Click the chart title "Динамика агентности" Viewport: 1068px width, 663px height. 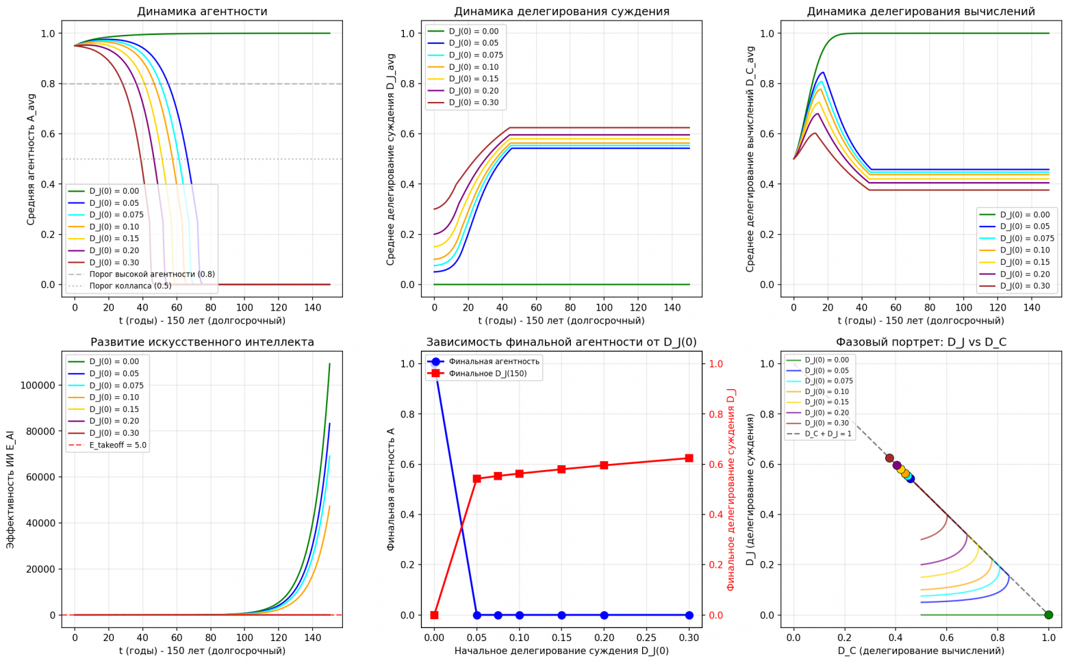(x=202, y=12)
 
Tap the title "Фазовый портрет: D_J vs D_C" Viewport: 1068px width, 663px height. (x=921, y=342)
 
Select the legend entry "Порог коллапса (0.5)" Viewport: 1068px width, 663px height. (x=130, y=286)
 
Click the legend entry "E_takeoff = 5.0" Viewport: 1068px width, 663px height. (x=118, y=445)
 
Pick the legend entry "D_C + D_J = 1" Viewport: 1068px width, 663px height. (x=829, y=434)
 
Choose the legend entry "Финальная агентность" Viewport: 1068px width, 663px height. (x=494, y=361)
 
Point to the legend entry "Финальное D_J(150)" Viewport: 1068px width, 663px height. (x=487, y=374)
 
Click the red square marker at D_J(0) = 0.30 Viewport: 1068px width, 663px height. (x=689, y=458)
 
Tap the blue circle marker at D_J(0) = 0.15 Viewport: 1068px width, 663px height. (x=561, y=615)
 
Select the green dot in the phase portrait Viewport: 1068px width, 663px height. (x=1048, y=615)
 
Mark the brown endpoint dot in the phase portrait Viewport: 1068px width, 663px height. (x=889, y=458)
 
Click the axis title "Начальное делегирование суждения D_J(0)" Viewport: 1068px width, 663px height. (x=561, y=651)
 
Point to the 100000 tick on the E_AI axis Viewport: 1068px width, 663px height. (x=38, y=385)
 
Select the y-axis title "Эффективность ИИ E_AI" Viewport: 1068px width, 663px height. (x=10, y=489)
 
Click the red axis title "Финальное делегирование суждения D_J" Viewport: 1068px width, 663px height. (x=731, y=489)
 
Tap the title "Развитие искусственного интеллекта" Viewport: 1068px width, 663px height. (x=202, y=342)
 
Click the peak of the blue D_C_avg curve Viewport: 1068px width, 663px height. (x=823, y=73)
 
